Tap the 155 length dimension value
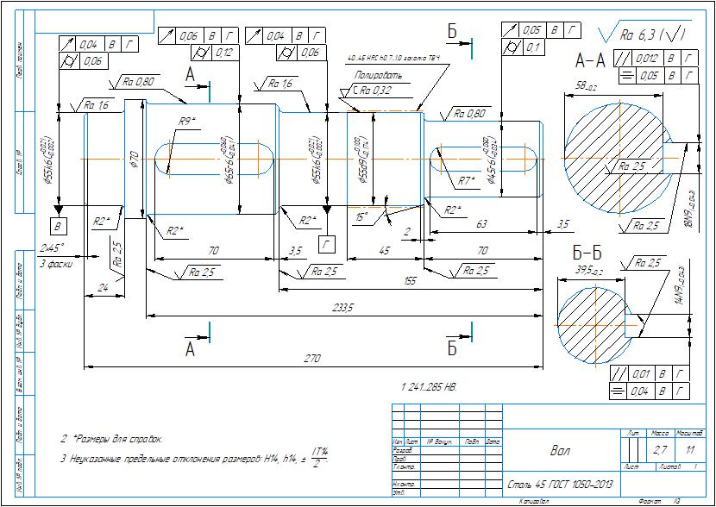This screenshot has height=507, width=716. click(410, 280)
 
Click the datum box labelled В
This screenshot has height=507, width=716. click(58, 226)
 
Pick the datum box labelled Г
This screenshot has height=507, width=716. click(326, 244)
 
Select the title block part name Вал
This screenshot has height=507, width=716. click(560, 450)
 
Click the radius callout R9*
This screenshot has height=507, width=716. click(186, 120)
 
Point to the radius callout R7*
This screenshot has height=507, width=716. click(467, 180)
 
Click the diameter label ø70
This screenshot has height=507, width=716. click(134, 159)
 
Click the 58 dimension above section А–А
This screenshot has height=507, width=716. click(587, 86)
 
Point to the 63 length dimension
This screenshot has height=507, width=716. click(481, 223)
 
